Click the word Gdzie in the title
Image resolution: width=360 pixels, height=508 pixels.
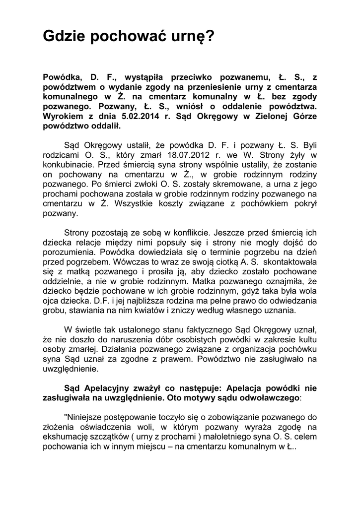(x=63, y=37)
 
